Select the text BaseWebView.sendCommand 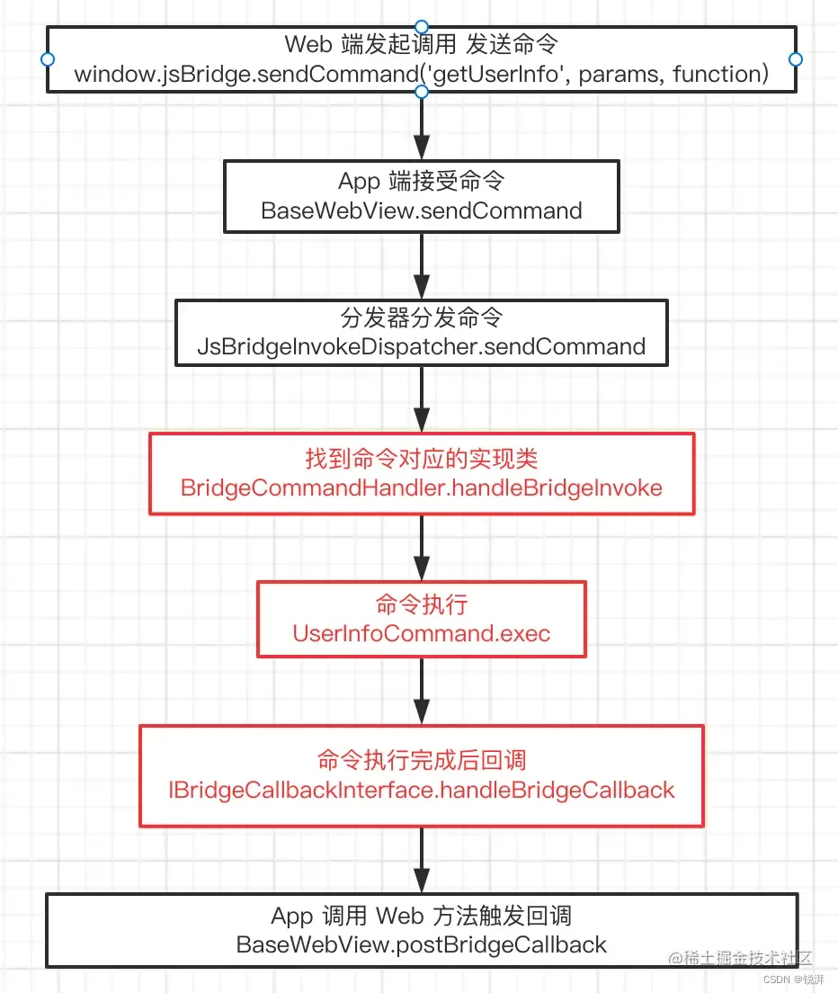click(x=421, y=210)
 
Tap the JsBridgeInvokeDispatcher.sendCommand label click(x=421, y=346)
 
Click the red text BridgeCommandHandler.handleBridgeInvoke click(x=421, y=488)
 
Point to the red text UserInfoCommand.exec click(x=421, y=633)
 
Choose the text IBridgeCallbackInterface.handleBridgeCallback click(x=421, y=790)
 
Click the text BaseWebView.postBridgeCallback click(x=421, y=944)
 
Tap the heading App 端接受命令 click(x=421, y=181)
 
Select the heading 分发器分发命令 click(x=421, y=318)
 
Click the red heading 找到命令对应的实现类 click(x=421, y=459)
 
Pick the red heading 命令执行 click(x=421, y=604)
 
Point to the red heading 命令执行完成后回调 click(x=421, y=761)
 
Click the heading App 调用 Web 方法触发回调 click(x=421, y=916)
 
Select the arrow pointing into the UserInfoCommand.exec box click(x=421, y=549)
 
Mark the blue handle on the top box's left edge click(x=47, y=58)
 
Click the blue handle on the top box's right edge click(x=795, y=58)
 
